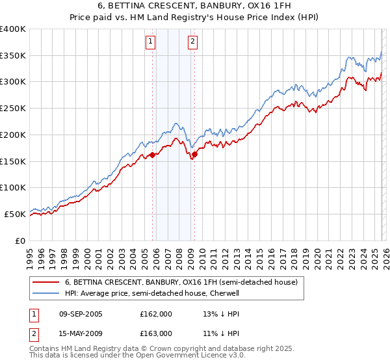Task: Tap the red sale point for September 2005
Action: tap(153, 155)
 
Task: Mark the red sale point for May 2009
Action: tap(194, 154)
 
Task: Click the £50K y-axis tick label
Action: tap(15, 214)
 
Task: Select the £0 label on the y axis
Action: tap(19, 240)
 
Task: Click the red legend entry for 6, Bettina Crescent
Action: tap(181, 282)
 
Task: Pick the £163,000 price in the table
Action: tap(156, 333)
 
